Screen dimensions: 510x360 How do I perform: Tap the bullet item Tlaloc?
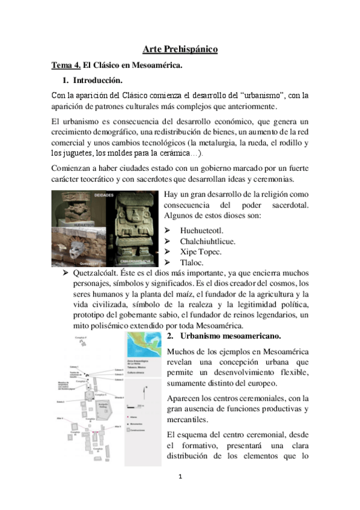[x=192, y=263]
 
